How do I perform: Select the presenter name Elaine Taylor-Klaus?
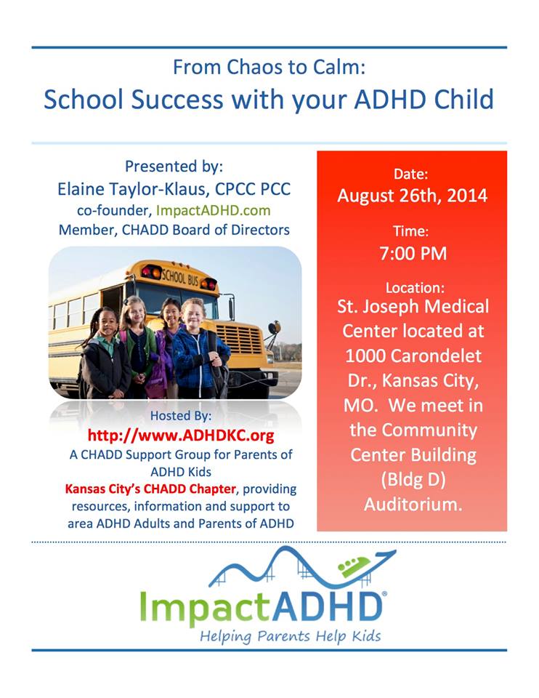(x=132, y=189)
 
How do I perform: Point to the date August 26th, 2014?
(x=413, y=196)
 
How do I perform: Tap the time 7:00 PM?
(x=413, y=253)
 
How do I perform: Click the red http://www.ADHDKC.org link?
(x=181, y=435)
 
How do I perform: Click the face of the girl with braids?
(x=108, y=324)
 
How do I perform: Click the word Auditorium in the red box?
(x=413, y=505)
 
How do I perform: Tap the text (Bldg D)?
(x=413, y=480)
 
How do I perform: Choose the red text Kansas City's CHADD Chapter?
(x=150, y=489)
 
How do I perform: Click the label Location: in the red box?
(x=415, y=288)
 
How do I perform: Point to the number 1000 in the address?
(x=364, y=356)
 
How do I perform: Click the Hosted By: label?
(x=181, y=415)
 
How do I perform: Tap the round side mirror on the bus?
(x=275, y=328)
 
